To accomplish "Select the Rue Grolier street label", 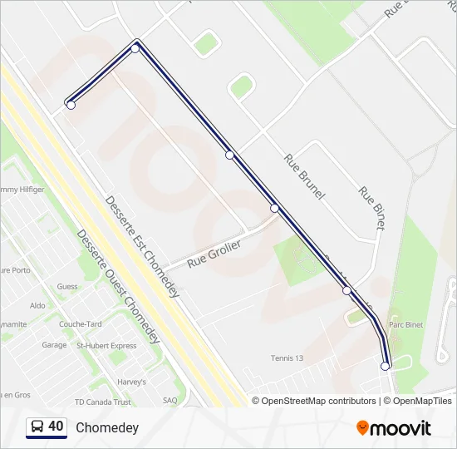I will [214, 253].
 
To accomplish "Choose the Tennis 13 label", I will [287, 358].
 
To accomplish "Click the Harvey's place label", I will [131, 382].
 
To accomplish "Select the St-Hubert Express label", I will [106, 346].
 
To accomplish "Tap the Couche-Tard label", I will [80, 325].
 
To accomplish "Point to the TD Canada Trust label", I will [102, 402].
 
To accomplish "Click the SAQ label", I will [170, 400].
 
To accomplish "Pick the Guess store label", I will [67, 287].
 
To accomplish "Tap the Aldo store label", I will [37, 306].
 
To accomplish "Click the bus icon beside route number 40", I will [37, 427].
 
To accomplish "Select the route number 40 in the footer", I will [56, 427].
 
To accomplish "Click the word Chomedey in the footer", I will [107, 427].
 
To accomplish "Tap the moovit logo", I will [394, 428].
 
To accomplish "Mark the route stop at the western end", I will [71, 105].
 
